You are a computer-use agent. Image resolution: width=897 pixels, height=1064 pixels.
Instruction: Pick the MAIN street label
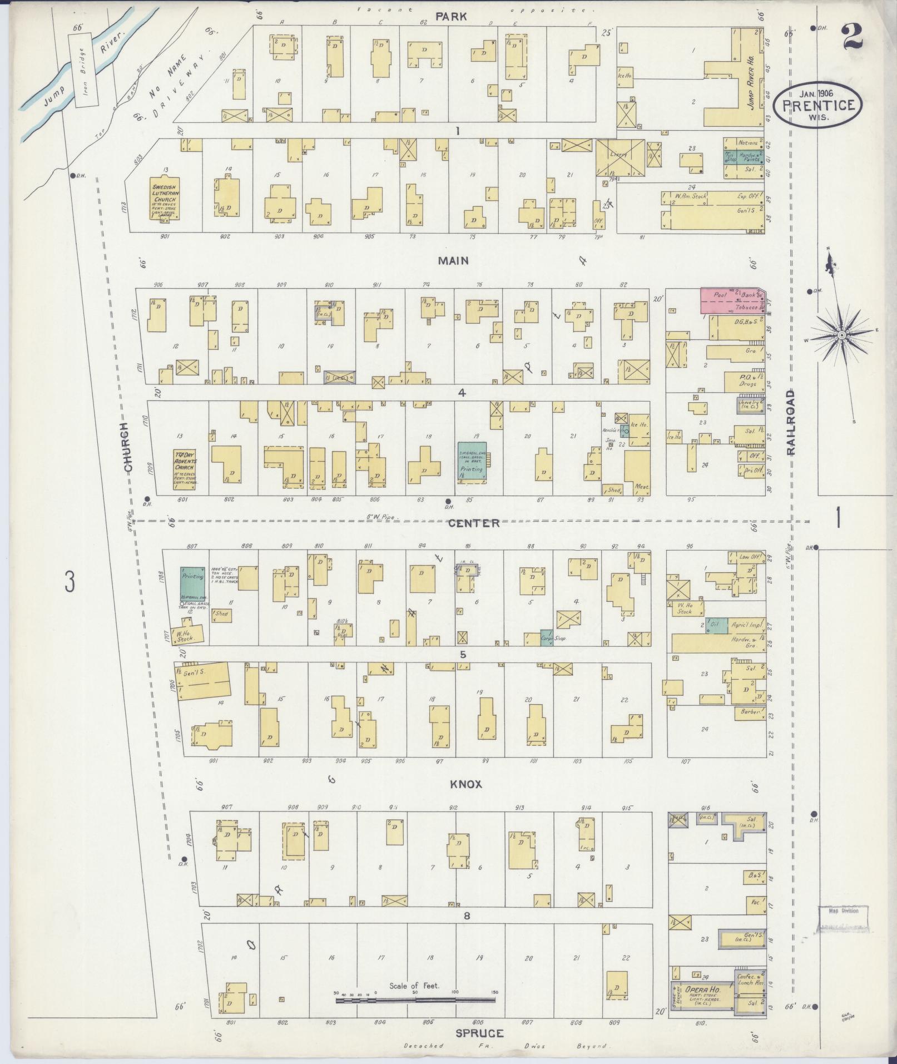click(453, 260)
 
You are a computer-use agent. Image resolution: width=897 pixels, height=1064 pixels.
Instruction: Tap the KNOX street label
click(466, 784)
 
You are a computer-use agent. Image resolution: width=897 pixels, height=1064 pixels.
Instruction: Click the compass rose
click(842, 335)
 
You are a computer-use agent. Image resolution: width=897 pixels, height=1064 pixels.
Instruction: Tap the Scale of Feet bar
click(415, 999)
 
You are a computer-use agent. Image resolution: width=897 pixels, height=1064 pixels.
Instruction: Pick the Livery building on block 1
click(620, 156)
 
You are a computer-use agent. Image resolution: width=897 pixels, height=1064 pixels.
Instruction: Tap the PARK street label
click(451, 17)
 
